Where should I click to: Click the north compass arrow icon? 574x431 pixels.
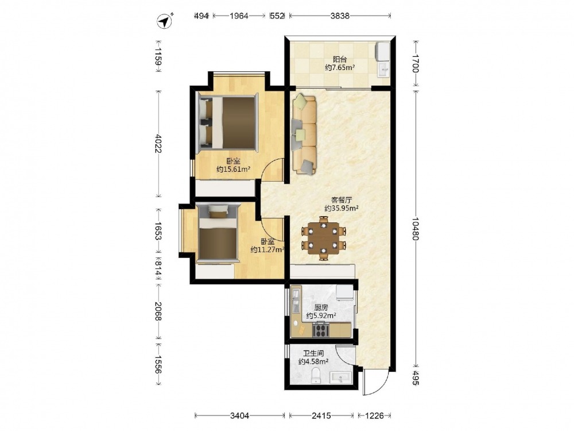(165, 21)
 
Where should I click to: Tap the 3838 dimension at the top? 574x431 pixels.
(340, 16)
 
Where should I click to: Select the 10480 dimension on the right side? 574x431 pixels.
(415, 229)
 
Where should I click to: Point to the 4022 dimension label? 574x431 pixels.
(158, 144)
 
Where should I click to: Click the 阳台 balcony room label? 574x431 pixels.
(340, 59)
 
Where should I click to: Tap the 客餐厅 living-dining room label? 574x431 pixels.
(341, 200)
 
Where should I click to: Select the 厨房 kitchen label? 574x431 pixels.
(321, 307)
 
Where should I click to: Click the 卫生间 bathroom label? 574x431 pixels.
(313, 353)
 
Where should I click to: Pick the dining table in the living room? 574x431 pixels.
(324, 238)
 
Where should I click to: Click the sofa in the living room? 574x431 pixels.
(304, 134)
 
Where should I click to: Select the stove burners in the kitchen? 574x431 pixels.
(321, 330)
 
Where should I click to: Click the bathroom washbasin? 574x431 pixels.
(341, 378)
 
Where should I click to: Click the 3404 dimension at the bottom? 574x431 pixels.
(240, 415)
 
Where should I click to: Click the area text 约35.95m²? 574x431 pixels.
(341, 208)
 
